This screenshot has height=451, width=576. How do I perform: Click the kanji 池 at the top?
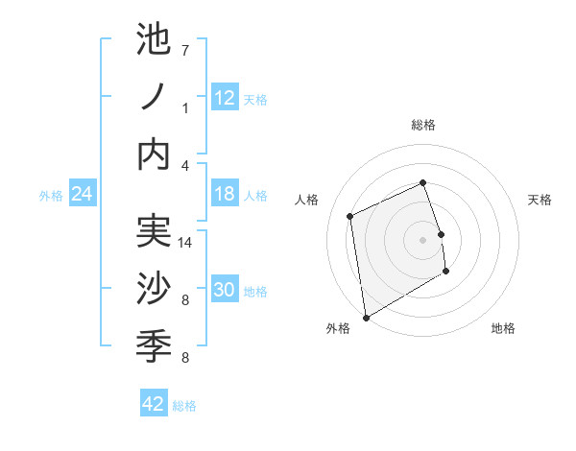154,44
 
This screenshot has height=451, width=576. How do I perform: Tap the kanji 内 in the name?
154,154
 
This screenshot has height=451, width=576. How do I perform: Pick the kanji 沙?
154,289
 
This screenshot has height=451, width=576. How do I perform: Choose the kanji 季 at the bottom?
154,344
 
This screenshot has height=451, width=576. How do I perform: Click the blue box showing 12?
225,97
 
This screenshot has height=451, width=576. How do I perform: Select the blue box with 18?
225,194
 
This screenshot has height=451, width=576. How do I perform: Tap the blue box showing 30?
225,290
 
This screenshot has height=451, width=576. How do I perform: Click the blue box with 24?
82,194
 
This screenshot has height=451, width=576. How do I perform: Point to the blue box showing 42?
154,404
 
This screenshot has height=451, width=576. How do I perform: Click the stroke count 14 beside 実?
186,243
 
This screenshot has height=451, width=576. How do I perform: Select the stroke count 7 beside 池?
185,50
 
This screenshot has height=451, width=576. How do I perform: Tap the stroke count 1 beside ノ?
185,108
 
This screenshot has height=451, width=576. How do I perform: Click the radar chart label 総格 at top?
423,125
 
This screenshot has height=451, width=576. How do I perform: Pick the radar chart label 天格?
540,200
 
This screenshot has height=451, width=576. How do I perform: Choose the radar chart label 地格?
503,328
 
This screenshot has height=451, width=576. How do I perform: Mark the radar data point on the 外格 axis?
366,317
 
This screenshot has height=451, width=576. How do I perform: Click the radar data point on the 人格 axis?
350,216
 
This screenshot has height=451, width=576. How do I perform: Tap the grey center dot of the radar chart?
422,239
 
